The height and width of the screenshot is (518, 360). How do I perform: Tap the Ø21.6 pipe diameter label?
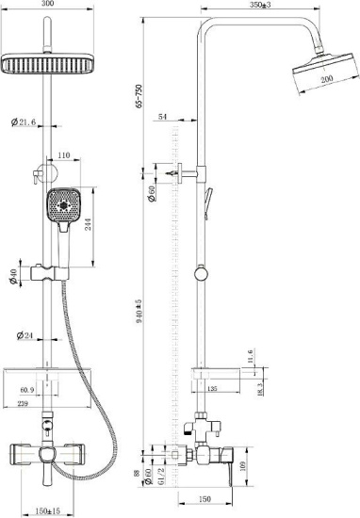click(x=25, y=122)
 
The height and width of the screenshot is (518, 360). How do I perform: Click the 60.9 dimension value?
click(x=27, y=388)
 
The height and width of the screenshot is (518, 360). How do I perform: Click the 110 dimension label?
click(x=65, y=154)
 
